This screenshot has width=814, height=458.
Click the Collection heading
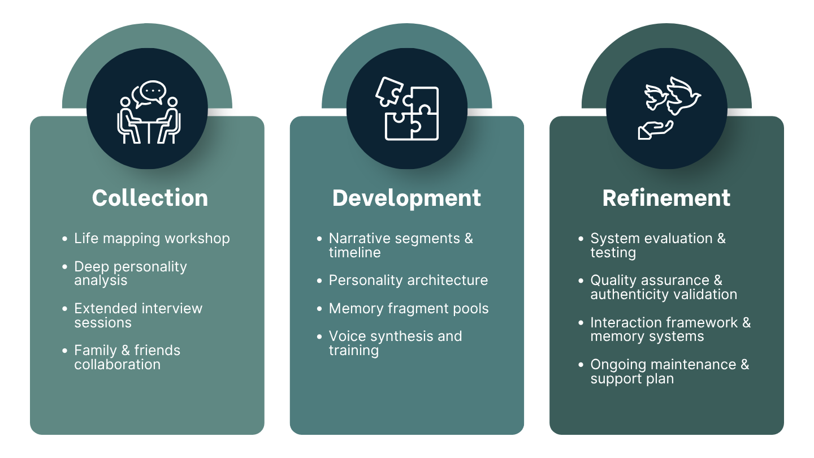pyautogui.click(x=150, y=198)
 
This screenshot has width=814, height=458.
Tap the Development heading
pyautogui.click(x=406, y=198)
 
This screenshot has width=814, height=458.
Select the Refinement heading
pyautogui.click(x=666, y=198)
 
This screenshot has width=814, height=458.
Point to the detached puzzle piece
pyautogui.click(x=389, y=90)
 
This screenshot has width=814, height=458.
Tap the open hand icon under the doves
pyautogui.click(x=655, y=129)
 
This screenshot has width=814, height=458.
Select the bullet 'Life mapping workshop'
pyautogui.click(x=151, y=238)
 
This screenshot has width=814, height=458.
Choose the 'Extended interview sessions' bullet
pyautogui.click(x=138, y=316)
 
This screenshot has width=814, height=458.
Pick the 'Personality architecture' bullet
pyautogui.click(x=408, y=280)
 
